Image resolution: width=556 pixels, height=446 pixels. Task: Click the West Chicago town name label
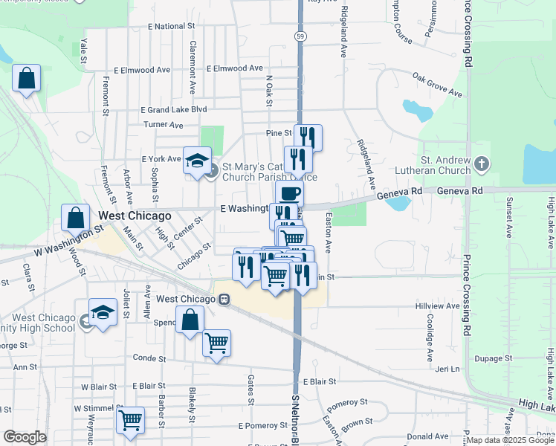pos(135,216)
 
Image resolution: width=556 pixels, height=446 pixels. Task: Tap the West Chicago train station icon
pos(223,299)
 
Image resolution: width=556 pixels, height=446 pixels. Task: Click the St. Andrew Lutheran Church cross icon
pos(482,164)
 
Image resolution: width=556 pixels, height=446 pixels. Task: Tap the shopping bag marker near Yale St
pos(27,79)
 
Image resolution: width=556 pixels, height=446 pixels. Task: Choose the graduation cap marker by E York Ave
pos(197,161)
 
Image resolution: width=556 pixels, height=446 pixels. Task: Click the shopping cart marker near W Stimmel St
pos(130,419)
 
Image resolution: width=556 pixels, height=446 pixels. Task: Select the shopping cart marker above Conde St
pos(216,344)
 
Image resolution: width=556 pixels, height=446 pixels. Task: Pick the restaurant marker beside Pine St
pos(308,138)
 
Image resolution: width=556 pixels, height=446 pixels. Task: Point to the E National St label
pos(171,26)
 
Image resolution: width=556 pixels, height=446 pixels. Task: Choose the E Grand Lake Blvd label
pos(172,109)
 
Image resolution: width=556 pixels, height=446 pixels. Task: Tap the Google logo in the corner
pos(25,437)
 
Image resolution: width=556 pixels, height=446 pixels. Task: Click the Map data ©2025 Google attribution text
pos(510,440)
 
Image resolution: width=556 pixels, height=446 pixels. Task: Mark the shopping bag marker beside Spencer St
pos(190,320)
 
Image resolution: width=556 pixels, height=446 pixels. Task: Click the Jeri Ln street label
pos(447,369)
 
